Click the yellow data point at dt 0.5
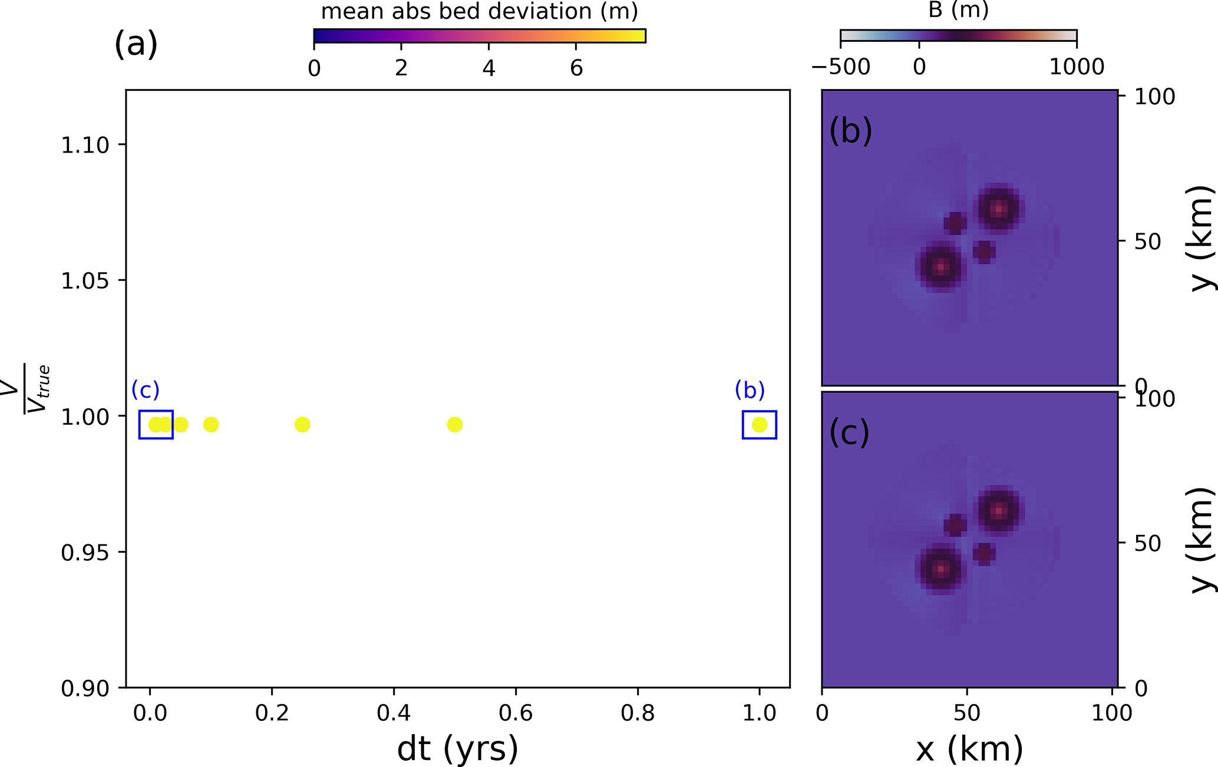point(454,424)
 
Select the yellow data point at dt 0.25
point(302,424)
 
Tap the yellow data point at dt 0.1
point(211,424)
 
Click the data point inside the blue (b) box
point(760,424)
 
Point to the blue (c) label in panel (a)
point(146,390)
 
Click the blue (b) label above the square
point(750,390)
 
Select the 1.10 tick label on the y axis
point(85,145)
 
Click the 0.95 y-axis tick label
point(85,553)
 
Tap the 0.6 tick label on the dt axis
point(516,713)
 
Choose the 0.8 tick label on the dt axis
point(638,713)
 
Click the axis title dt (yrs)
point(458,749)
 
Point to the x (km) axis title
point(969,749)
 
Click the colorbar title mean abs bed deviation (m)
point(479,11)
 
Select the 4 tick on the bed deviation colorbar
point(488,68)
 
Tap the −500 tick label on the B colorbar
point(840,67)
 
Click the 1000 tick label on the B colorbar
point(1077,67)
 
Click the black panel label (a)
point(136,44)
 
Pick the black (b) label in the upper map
point(850,131)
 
